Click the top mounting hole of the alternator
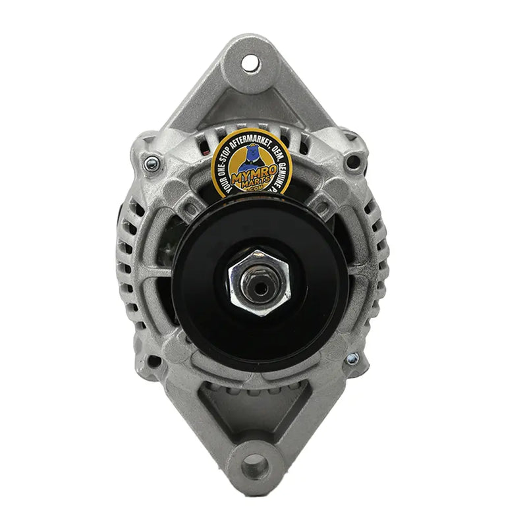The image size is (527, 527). [x=250, y=63]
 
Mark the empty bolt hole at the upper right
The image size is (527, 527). [x=356, y=160]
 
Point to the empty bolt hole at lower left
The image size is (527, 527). [x=153, y=361]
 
